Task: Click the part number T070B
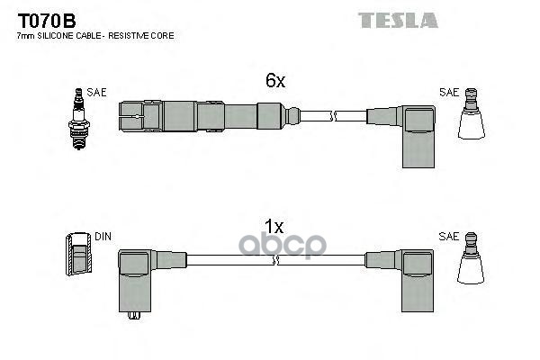click(x=43, y=19)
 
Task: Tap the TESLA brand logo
click(x=398, y=20)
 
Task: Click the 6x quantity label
click(x=274, y=81)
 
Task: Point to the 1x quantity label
click(x=274, y=226)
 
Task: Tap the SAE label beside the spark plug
click(x=96, y=92)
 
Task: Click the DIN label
click(x=103, y=237)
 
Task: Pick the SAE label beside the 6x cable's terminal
click(x=448, y=92)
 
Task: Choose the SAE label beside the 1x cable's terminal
click(x=448, y=236)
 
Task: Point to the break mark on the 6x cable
click(x=333, y=115)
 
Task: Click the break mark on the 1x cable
click(x=280, y=259)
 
